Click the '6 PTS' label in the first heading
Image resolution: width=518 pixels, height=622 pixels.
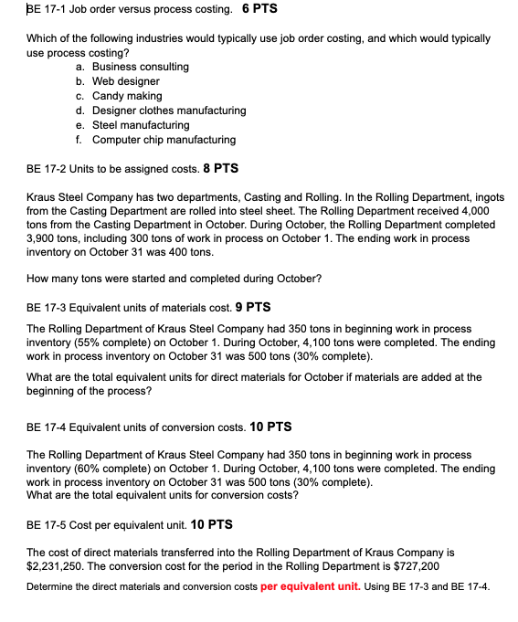(x=260, y=9)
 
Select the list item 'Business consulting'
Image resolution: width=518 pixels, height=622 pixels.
(x=141, y=67)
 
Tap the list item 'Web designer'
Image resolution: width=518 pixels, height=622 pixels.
(x=126, y=81)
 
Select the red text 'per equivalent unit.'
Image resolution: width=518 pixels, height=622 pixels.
(x=312, y=585)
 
